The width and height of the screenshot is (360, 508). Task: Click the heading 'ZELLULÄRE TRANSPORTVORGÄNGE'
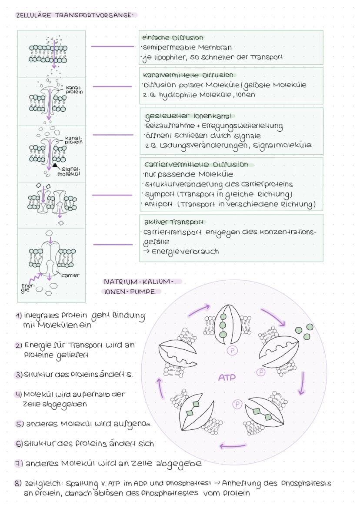(x=74, y=15)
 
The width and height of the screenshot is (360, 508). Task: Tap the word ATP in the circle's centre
(x=227, y=378)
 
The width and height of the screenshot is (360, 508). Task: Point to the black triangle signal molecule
(x=55, y=166)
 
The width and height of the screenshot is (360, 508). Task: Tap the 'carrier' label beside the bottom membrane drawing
(x=70, y=275)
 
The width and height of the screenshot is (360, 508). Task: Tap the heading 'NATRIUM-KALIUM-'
(x=138, y=282)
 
